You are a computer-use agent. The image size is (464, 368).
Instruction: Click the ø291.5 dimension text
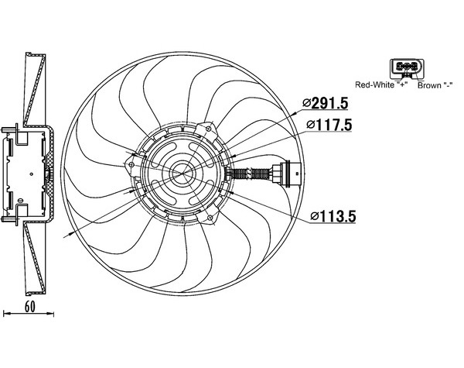pyautogui.click(x=325, y=103)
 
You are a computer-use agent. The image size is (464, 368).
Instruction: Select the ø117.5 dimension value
pyautogui.click(x=329, y=126)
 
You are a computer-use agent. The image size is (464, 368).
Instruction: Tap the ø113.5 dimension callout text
pyautogui.click(x=333, y=216)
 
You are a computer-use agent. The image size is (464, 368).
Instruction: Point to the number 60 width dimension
pyautogui.click(x=29, y=307)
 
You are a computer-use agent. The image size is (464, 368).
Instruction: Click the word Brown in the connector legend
pyautogui.click(x=429, y=86)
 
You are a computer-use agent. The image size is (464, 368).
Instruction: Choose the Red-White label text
pyautogui.click(x=374, y=85)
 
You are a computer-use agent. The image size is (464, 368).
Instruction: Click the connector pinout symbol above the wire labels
pyautogui.click(x=407, y=68)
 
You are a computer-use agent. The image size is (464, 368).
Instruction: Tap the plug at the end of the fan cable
pyautogui.click(x=286, y=174)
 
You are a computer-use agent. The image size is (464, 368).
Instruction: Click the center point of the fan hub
pyautogui.click(x=183, y=174)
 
